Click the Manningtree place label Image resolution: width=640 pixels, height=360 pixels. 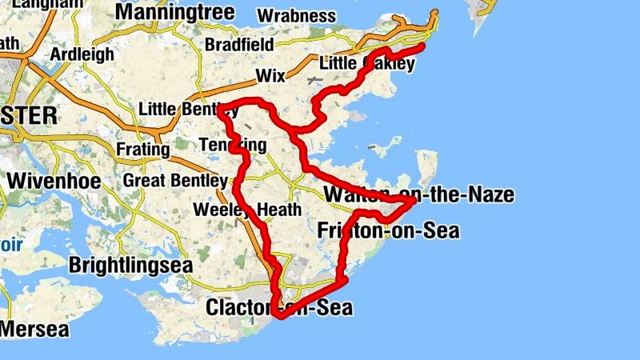[x=175, y=13]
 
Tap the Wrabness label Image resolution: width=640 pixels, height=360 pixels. [x=297, y=16]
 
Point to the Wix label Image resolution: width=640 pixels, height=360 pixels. [x=270, y=76]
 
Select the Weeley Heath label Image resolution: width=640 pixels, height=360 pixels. [x=247, y=210]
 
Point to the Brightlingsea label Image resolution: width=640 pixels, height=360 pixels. [x=131, y=265]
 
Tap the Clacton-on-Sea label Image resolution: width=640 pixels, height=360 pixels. [x=279, y=308]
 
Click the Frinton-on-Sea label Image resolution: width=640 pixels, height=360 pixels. [x=389, y=232]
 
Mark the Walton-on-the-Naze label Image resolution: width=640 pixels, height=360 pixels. [x=418, y=194]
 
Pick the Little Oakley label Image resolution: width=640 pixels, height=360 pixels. [x=366, y=63]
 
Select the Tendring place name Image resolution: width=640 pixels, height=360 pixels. [x=232, y=145]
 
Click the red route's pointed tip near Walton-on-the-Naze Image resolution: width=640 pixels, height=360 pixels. [x=413, y=202]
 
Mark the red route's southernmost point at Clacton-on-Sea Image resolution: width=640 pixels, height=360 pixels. [x=280, y=317]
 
